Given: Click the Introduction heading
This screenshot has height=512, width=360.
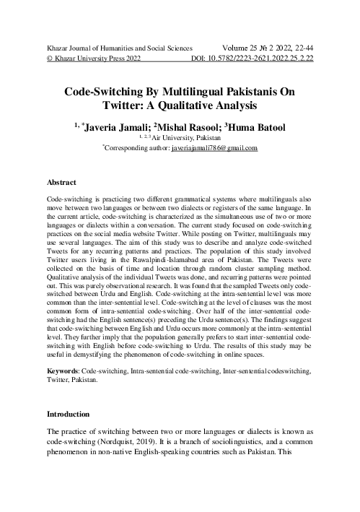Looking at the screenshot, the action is coord(68,415).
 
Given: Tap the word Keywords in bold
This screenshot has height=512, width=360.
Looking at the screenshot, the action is coord(62,370).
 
